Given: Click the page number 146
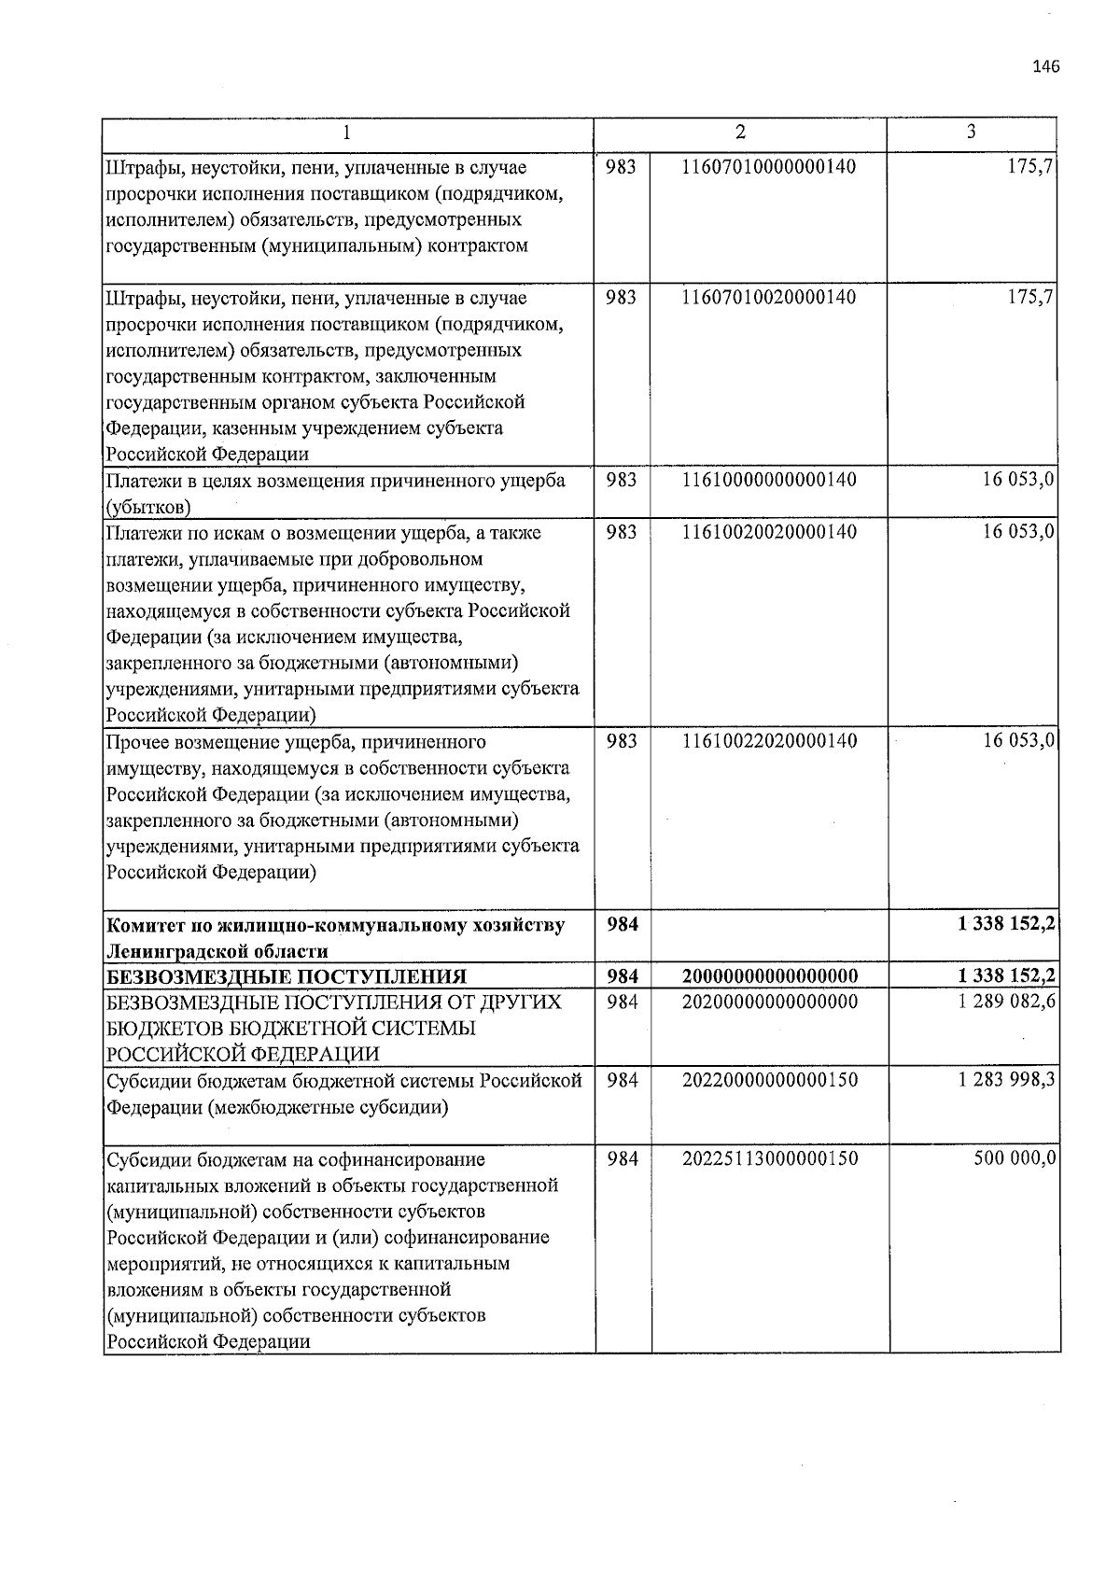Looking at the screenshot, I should tap(1046, 66).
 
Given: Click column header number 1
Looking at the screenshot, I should tap(346, 133).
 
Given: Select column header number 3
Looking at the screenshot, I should tap(972, 133).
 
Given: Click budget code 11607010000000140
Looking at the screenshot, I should tap(769, 167).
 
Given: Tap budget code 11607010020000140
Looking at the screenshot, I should tap(769, 298).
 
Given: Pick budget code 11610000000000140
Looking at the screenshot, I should tap(769, 480).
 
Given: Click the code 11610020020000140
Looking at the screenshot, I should tap(769, 532).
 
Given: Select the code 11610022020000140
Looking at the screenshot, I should tap(769, 741).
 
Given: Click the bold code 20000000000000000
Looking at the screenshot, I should tap(769, 976).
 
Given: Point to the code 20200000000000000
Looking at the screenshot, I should tap(769, 1002).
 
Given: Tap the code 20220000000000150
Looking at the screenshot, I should tap(769, 1081).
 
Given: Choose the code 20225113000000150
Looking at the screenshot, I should tap(769, 1159).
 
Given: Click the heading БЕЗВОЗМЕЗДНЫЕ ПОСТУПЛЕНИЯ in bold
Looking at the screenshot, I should tap(286, 977).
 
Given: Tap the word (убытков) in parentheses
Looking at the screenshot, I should tap(148, 507).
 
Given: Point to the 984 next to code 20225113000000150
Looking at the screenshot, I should tap(623, 1159).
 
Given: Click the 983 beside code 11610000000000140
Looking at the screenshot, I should tap(622, 480).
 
